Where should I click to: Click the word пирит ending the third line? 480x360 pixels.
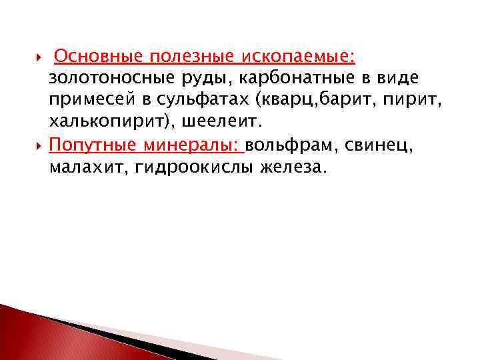pyautogui.click(x=399, y=101)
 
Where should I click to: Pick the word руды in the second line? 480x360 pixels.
pyautogui.click(x=203, y=78)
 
